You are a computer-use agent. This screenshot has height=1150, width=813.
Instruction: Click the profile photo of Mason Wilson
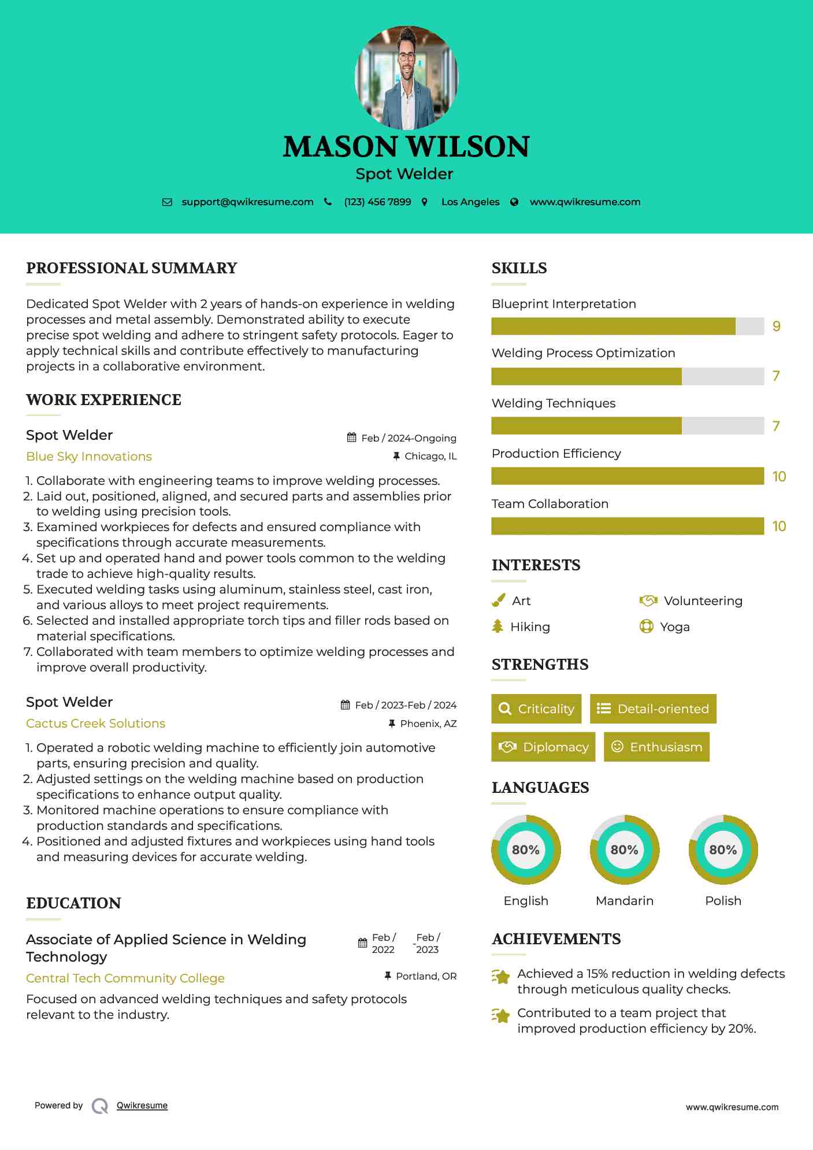click(x=406, y=77)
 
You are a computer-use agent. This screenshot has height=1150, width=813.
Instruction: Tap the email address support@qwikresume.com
click(x=247, y=202)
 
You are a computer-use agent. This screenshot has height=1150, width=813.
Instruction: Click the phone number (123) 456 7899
click(x=377, y=202)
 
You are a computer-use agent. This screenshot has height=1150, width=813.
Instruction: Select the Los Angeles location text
click(x=470, y=202)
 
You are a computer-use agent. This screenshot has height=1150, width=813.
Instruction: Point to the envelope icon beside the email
click(x=167, y=202)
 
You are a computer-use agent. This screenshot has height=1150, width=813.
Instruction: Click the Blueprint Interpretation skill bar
click(x=628, y=326)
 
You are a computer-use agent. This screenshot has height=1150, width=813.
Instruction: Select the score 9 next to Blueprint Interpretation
click(x=777, y=326)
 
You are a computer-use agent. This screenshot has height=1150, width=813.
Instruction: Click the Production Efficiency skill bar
click(x=628, y=476)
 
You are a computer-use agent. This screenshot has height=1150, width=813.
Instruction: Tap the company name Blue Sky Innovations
click(x=89, y=457)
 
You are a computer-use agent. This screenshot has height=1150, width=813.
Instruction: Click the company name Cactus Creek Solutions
click(x=95, y=724)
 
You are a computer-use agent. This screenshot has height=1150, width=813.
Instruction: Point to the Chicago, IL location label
click(x=430, y=456)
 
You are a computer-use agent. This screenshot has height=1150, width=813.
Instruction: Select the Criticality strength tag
click(x=536, y=708)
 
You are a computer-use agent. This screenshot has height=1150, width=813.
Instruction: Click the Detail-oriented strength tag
click(x=653, y=708)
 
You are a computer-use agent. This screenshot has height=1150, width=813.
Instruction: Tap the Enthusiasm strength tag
click(x=656, y=747)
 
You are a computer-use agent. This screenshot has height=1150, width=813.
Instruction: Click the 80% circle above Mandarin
click(x=624, y=849)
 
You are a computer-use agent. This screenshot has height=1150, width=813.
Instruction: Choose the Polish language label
click(x=723, y=900)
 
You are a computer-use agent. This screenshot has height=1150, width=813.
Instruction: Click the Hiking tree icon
click(x=498, y=626)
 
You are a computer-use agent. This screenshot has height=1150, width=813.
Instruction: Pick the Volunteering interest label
click(x=703, y=601)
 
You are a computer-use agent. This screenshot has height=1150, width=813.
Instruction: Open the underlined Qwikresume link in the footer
click(x=142, y=1106)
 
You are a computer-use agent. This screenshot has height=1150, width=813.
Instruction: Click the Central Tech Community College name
click(x=125, y=978)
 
